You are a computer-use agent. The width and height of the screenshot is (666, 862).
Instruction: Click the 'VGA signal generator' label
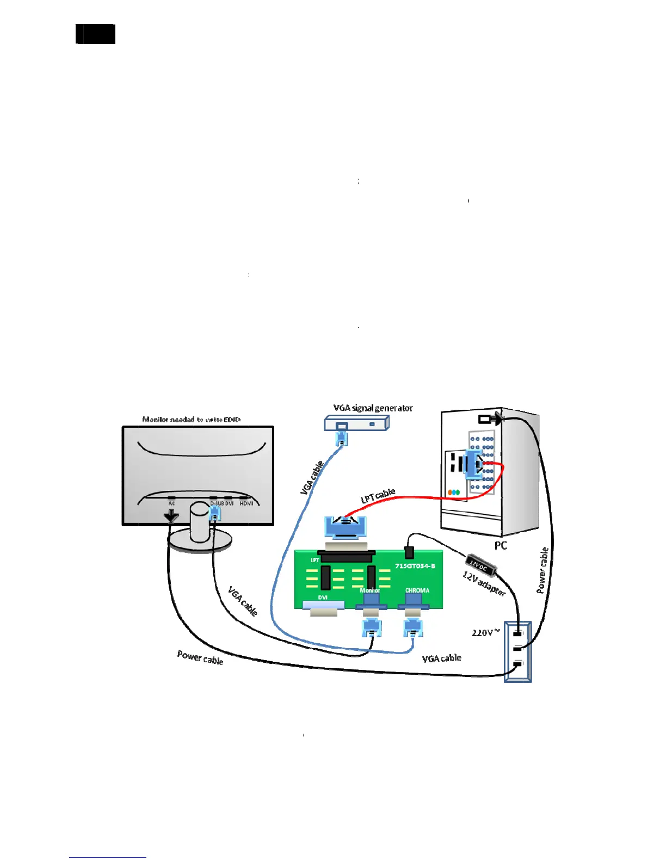(x=373, y=408)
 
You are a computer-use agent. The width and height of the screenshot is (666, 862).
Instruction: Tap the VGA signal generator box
(x=356, y=423)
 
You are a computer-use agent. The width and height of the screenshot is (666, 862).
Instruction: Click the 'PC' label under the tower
(x=501, y=545)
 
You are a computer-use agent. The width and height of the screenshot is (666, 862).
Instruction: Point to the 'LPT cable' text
(x=378, y=496)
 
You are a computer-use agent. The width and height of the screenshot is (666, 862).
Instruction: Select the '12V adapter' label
(x=484, y=584)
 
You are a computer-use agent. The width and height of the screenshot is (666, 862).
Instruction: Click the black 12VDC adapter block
(x=481, y=564)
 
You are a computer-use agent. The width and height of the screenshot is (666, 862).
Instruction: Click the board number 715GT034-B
(x=415, y=566)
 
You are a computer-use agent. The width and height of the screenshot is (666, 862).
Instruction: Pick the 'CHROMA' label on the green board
(x=417, y=590)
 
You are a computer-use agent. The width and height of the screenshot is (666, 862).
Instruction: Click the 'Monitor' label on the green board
(x=369, y=590)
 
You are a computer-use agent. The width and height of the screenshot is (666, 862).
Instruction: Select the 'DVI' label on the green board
(x=323, y=598)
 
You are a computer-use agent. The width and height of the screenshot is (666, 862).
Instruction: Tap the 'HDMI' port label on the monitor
(x=246, y=503)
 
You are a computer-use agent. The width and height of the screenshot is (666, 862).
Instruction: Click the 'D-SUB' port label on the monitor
(x=217, y=503)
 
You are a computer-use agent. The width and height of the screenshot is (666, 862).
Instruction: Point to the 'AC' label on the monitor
(x=171, y=503)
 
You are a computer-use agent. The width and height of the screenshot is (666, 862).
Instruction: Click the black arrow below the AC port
(x=171, y=516)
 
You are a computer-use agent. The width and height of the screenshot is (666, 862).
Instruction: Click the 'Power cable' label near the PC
(x=542, y=570)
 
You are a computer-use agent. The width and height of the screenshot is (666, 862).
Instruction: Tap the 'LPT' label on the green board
(x=314, y=560)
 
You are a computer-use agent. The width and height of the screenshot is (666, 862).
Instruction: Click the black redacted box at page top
(x=96, y=34)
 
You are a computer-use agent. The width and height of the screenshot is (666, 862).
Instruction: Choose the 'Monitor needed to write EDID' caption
(x=191, y=420)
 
